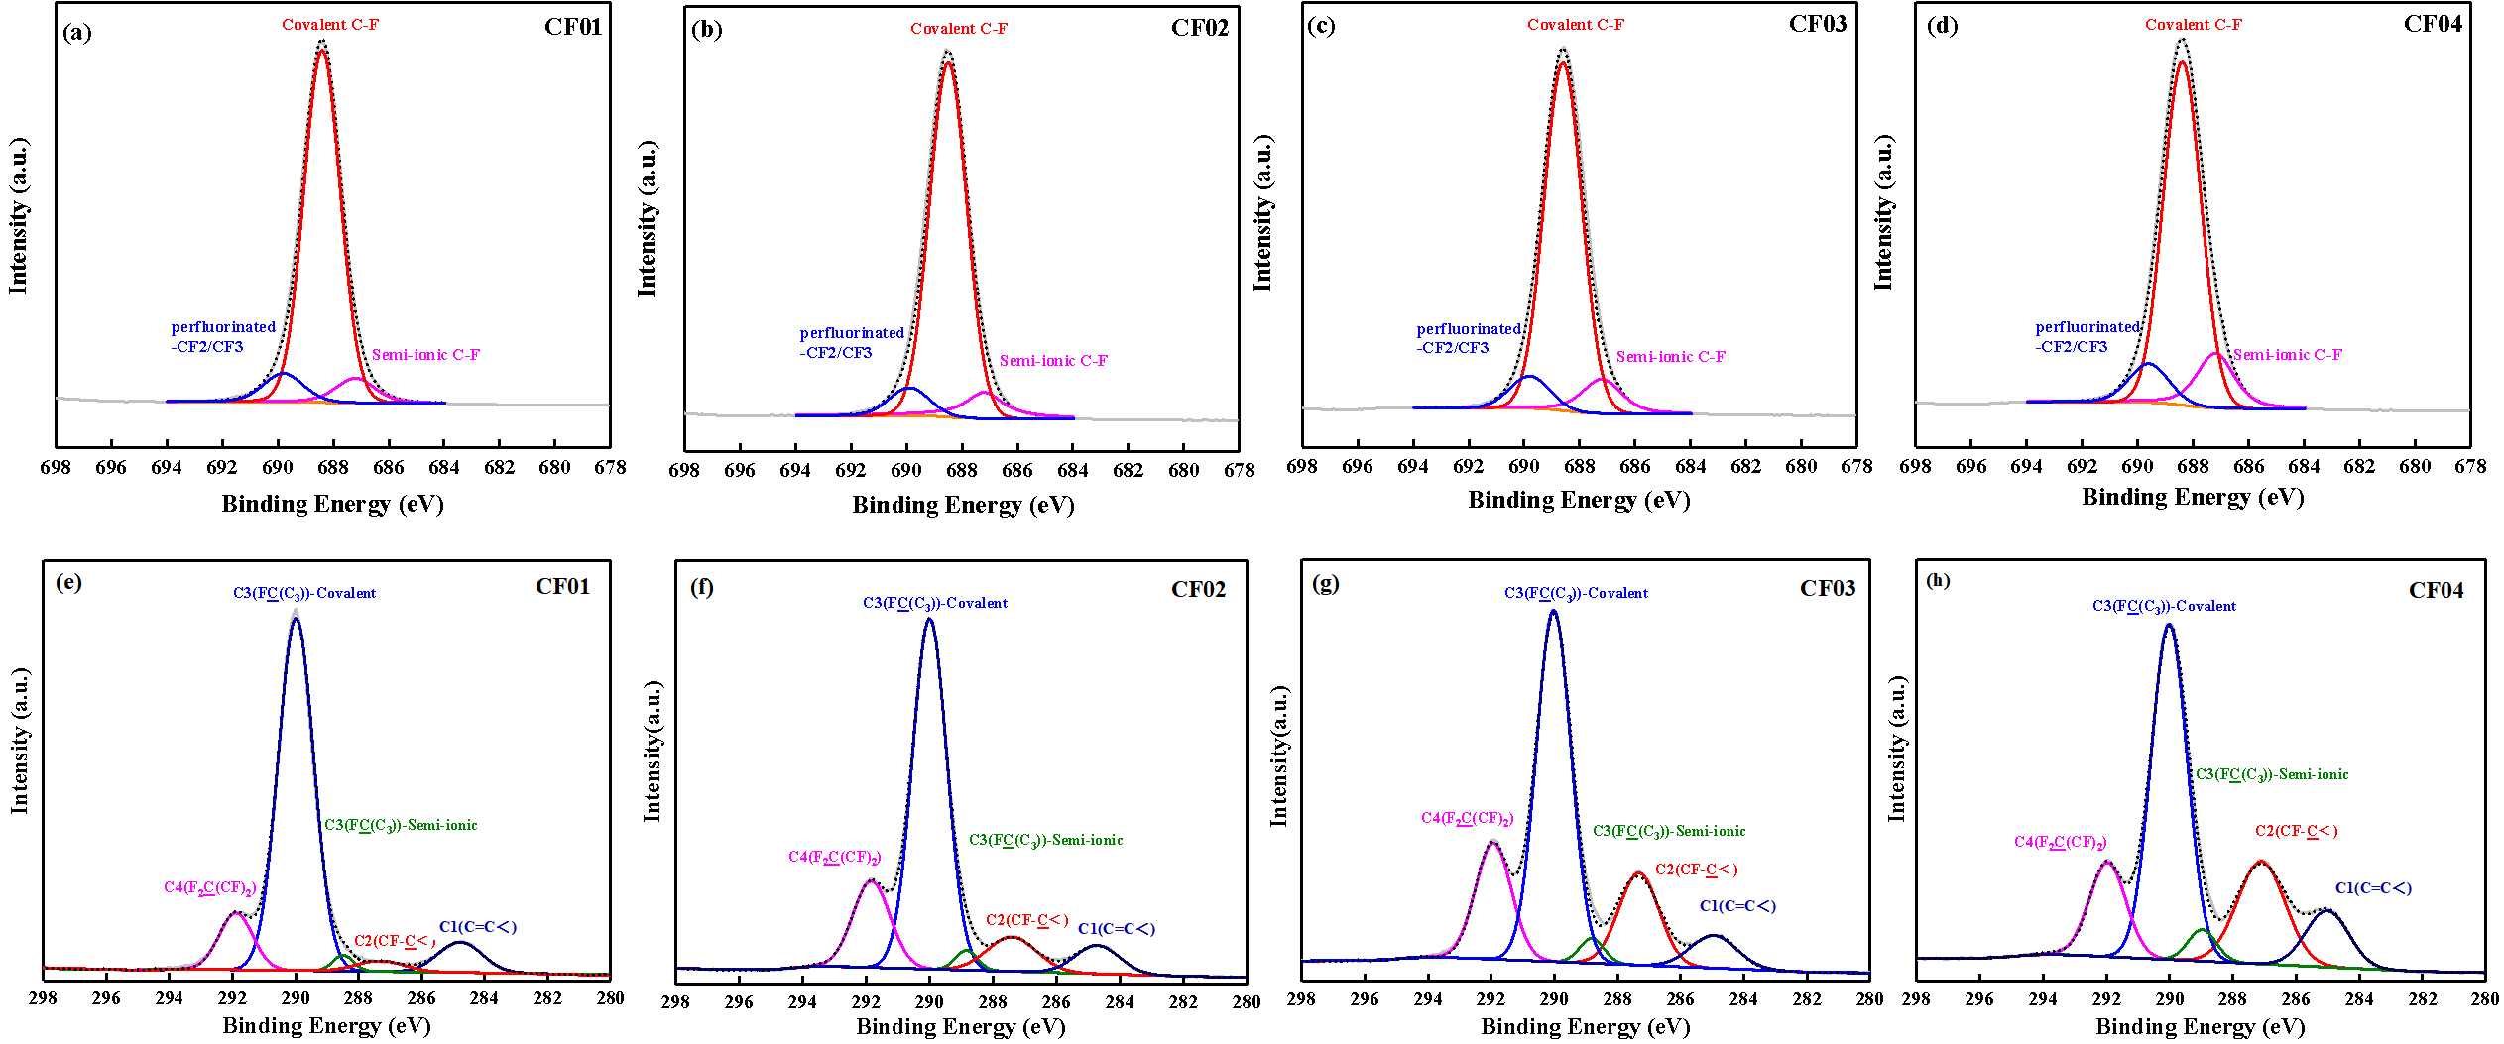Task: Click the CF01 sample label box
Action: pyautogui.click(x=562, y=585)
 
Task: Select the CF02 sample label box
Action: pyautogui.click(x=1198, y=588)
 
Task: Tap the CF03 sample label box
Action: pyautogui.click(x=1828, y=587)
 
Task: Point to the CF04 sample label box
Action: pyautogui.click(x=2436, y=589)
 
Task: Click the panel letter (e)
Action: pyautogui.click(x=68, y=580)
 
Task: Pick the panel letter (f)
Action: pyautogui.click(x=702, y=585)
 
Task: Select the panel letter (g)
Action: pyautogui.click(x=1325, y=581)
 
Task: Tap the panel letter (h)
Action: pyautogui.click(x=1937, y=579)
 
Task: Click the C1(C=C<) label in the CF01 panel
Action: pyautogui.click(x=478, y=926)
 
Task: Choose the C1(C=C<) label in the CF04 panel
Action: pyautogui.click(x=2373, y=887)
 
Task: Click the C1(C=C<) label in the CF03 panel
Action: pyautogui.click(x=1737, y=905)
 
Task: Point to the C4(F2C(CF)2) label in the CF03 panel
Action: pyautogui.click(x=1467, y=818)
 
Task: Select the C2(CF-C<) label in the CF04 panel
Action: pyautogui.click(x=2296, y=831)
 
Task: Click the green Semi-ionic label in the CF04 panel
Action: pyautogui.click(x=2272, y=774)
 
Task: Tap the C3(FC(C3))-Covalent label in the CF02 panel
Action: pyautogui.click(x=935, y=603)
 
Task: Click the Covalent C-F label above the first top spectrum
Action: pyautogui.click(x=330, y=24)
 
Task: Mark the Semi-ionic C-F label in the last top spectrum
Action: pyautogui.click(x=2287, y=354)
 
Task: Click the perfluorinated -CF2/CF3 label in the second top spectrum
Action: pyautogui.click(x=852, y=342)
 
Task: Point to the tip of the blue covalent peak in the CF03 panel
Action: pyautogui.click(x=1553, y=612)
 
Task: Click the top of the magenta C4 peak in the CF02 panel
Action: pyautogui.click(x=872, y=880)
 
